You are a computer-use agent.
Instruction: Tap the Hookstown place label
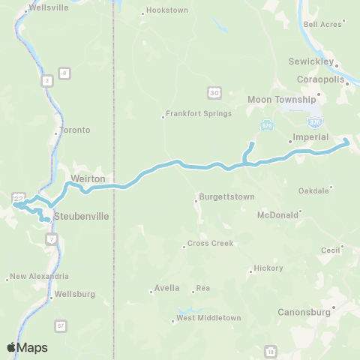tap(166, 11)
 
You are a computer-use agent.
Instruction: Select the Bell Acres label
tap(322, 24)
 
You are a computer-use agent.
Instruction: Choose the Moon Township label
tap(282, 99)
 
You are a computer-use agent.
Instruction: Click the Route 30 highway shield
tap(214, 91)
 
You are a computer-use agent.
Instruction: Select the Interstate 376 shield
tap(314, 120)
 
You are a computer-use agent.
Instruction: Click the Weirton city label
tap(88, 179)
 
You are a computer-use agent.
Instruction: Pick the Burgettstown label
tap(226, 196)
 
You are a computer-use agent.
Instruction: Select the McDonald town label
tap(278, 214)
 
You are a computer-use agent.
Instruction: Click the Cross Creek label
tap(210, 244)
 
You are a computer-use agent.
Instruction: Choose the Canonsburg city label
tap(304, 311)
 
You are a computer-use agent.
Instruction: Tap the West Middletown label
tap(208, 318)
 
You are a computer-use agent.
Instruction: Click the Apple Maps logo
tap(27, 347)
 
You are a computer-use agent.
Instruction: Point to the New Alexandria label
tap(40, 276)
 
